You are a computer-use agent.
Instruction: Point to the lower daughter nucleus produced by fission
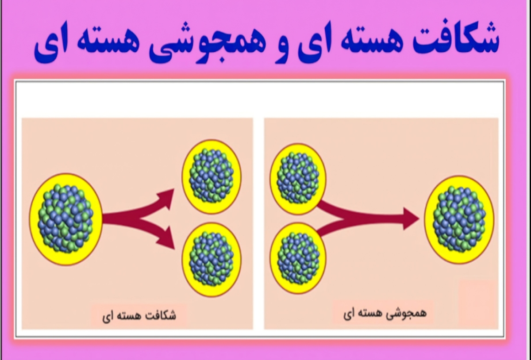pos(212,259)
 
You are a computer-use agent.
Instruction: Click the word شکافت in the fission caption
pos(160,316)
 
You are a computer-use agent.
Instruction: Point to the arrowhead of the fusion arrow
pos(412,219)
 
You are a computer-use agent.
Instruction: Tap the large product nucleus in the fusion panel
pos(459,219)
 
